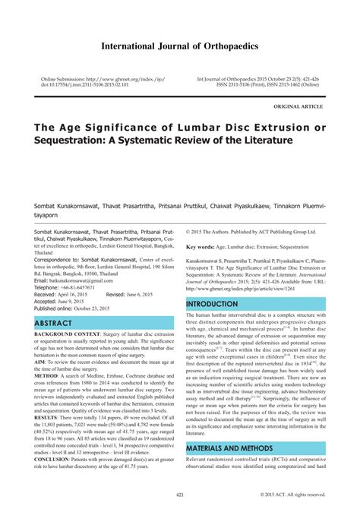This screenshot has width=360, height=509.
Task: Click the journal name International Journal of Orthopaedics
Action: click(179, 46)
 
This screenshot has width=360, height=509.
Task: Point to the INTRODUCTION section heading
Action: click(212, 304)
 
